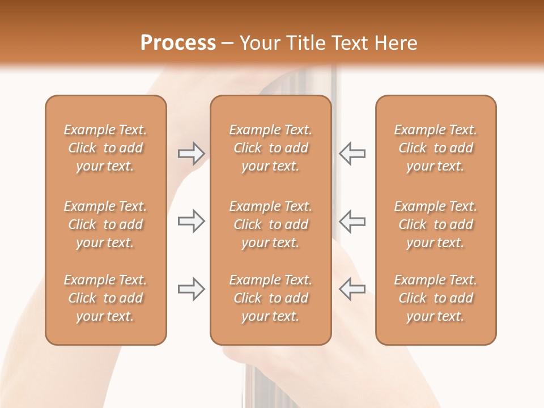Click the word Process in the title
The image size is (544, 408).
(178, 43)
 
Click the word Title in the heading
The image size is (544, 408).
(307, 43)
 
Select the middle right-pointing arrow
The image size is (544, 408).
(191, 221)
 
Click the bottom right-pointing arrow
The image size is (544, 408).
(191, 289)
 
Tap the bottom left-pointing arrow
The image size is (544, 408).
(352, 288)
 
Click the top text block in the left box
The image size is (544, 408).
(105, 148)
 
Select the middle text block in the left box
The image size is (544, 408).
(105, 224)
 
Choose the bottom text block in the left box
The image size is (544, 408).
(105, 298)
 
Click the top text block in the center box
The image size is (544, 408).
(270, 148)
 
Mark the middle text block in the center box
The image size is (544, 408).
(270, 224)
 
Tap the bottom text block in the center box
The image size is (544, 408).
(270, 298)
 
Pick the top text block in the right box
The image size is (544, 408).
(435, 148)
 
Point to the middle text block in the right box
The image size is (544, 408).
(435, 224)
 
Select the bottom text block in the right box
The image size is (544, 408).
(435, 298)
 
